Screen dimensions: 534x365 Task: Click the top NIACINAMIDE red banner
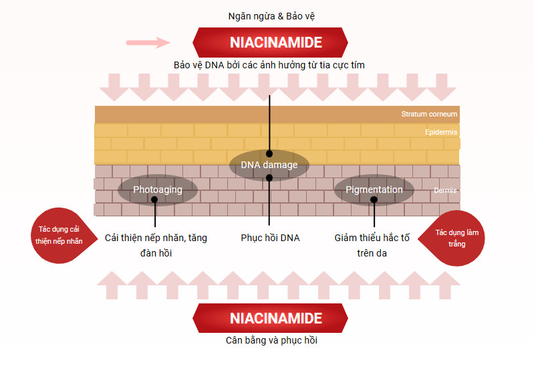coord(271,42)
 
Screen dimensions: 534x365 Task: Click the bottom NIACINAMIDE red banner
coord(271,318)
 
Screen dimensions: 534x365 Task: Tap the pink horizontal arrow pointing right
coord(148,43)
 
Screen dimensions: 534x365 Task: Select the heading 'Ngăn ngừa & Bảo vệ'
coord(271,16)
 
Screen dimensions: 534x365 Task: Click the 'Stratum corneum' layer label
coord(429,114)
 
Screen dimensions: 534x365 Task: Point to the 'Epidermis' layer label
coord(441,132)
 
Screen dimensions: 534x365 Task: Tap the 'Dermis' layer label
coord(445,190)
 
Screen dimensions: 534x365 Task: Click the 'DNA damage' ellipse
coord(269,165)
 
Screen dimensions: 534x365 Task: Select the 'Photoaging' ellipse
coord(158,190)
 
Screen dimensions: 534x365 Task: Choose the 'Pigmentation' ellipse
coord(374,190)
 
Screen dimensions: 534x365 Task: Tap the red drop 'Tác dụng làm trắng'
coord(452,238)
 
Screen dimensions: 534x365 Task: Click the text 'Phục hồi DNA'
coord(270,238)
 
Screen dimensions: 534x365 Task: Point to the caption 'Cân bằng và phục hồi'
coord(271,340)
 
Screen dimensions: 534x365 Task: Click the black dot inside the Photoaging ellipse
coord(154,200)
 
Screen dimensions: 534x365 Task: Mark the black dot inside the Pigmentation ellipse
coord(374,200)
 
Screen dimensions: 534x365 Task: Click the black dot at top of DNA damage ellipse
coord(269,153)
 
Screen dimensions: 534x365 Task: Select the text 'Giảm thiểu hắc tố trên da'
coord(372,245)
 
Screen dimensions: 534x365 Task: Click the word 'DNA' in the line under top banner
coord(215,65)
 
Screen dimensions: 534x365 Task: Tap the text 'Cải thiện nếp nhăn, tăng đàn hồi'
coord(156,245)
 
